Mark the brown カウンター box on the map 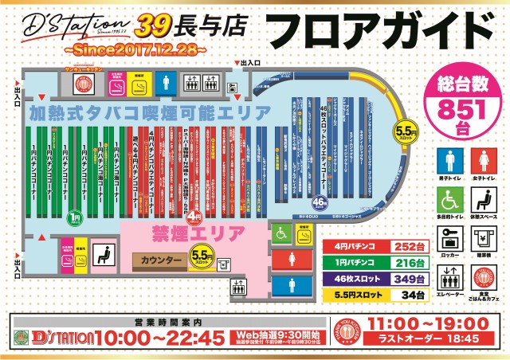point(157,260)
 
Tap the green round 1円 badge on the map point(74,216)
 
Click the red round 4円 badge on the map point(197,216)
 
